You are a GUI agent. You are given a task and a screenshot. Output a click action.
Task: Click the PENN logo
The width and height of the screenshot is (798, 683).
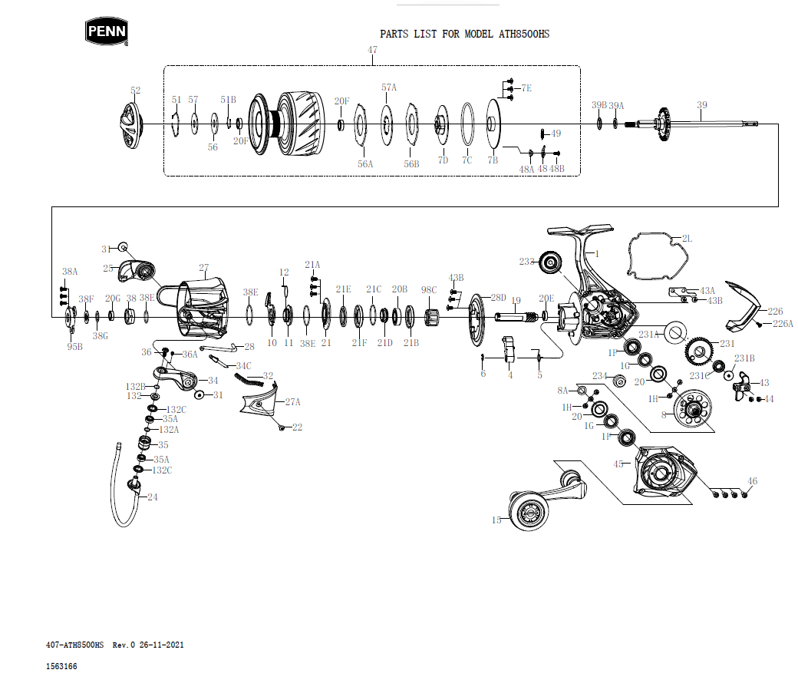106,31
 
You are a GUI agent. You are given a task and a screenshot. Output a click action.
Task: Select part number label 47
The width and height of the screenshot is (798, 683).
372,51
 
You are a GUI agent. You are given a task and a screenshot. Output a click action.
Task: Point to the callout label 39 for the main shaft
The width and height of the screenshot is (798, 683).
701,105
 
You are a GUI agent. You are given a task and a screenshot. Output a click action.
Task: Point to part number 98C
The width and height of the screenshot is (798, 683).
429,290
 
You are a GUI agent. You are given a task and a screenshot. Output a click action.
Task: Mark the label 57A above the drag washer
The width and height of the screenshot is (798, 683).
389,87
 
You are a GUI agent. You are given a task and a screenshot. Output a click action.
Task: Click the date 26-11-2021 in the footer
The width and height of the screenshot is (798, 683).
161,645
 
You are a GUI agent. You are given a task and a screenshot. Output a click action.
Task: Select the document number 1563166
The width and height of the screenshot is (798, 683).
61,666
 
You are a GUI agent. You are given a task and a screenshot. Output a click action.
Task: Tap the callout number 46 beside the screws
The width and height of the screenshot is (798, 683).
752,481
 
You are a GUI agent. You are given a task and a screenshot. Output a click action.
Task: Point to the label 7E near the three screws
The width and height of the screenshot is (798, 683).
526,88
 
